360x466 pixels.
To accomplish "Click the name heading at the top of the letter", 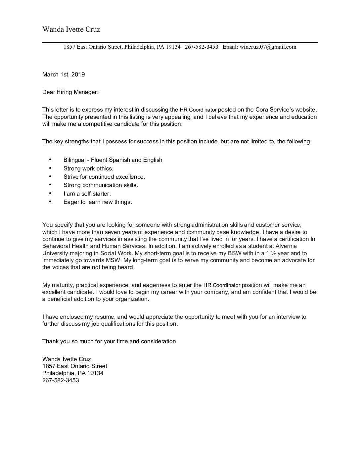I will pyautogui.click(x=71, y=29).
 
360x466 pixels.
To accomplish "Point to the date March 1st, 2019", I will pyautogui.click(x=64, y=74).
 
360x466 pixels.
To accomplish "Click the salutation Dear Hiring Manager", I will pyautogui.click(x=70, y=92).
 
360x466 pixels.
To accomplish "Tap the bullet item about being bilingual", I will pyautogui.click(x=113, y=160).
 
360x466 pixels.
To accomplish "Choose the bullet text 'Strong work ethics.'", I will pyautogui.click(x=88, y=168).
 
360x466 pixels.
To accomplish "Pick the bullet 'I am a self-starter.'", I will pyautogui.click(x=87, y=194).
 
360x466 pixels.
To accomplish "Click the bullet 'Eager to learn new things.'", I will pyautogui.click(x=98, y=202).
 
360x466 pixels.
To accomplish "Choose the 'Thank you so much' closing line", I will pyautogui.click(x=110, y=341).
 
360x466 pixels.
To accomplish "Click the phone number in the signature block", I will pyautogui.click(x=61, y=380).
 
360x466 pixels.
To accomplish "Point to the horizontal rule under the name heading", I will pyautogui.click(x=180, y=42).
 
